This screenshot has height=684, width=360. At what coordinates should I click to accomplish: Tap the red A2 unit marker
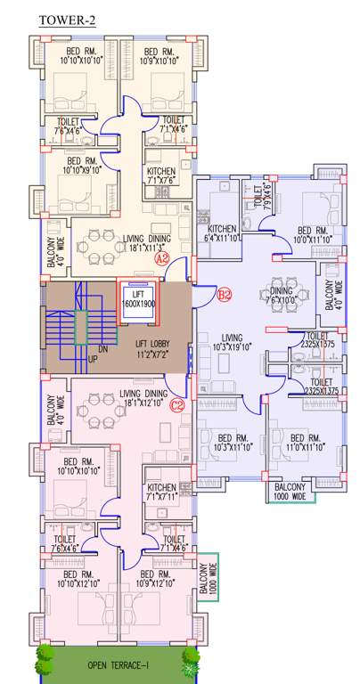click(162, 258)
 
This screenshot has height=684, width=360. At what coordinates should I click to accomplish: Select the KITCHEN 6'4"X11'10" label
click(216, 232)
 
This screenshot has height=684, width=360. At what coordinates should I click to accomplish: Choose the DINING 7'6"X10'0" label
click(284, 295)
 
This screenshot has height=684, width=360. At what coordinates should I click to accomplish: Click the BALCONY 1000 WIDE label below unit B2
click(290, 493)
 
